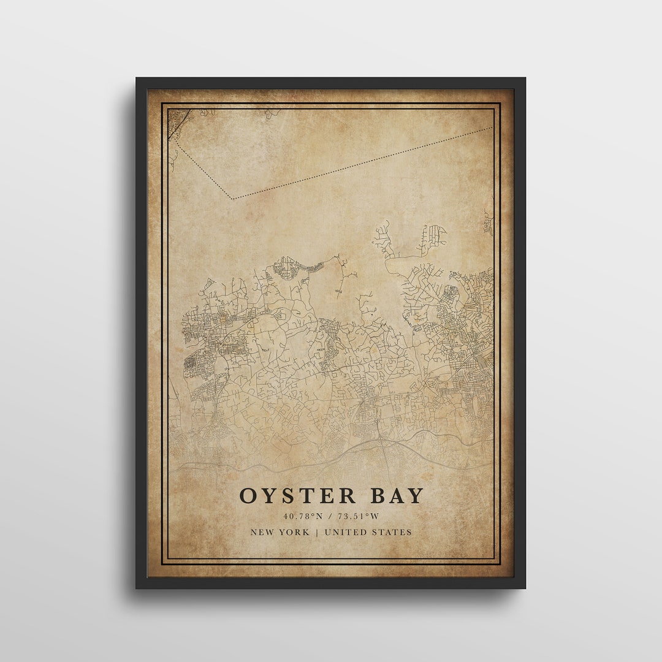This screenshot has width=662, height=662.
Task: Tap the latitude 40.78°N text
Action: [x=303, y=517]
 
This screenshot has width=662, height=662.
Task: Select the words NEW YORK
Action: [x=280, y=532]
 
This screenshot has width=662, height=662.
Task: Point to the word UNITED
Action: [x=348, y=532]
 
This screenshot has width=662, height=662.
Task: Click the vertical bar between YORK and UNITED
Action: [x=317, y=532]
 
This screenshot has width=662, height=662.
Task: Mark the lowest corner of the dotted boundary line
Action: [x=232, y=199]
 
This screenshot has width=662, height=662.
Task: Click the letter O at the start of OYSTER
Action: [x=248, y=496]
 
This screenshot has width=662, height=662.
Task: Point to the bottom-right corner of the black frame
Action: [x=525, y=588]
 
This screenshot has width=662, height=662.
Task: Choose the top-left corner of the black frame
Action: [x=137, y=78]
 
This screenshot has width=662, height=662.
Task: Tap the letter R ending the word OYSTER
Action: [x=348, y=496]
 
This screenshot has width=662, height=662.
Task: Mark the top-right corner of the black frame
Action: [x=525, y=78]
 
